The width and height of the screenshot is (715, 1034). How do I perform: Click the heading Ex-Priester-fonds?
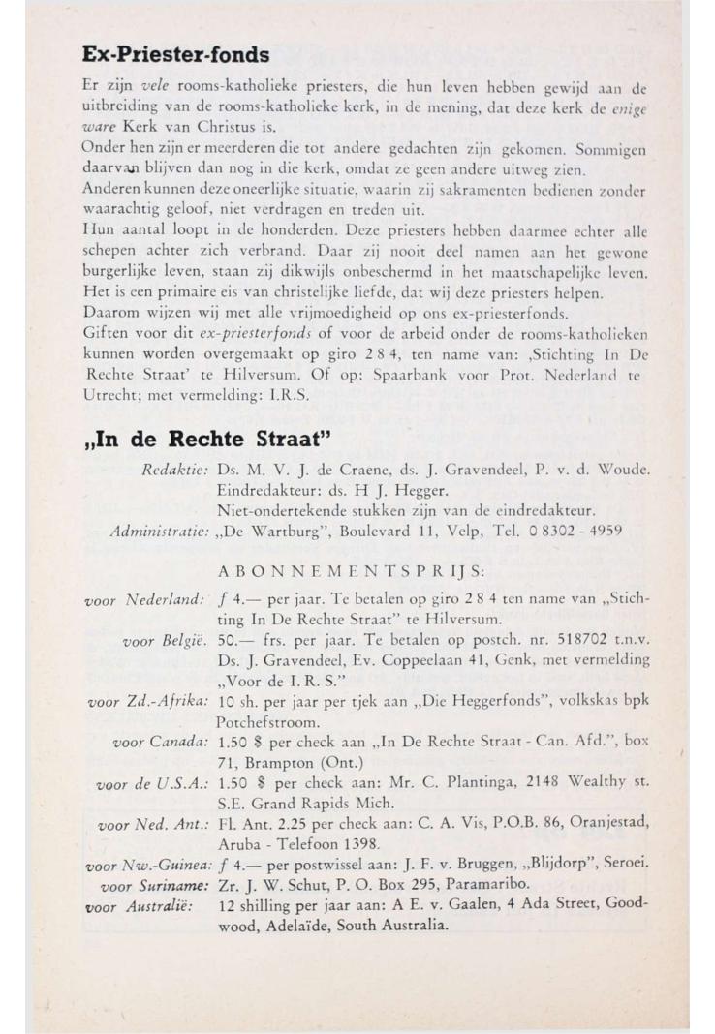tap(175, 54)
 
